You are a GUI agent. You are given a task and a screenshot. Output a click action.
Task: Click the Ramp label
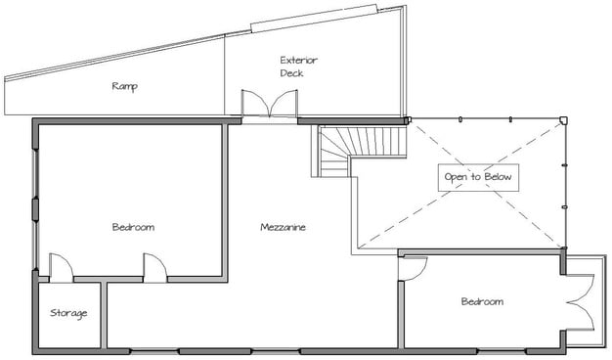pyautogui.click(x=125, y=86)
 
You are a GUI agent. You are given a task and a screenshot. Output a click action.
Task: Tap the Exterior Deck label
pyautogui.click(x=298, y=67)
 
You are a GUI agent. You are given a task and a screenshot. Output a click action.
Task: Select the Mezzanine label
pyautogui.click(x=283, y=227)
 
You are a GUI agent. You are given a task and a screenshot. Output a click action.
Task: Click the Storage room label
pyautogui.click(x=68, y=314)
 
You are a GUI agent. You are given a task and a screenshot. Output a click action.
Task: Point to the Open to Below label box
pyautogui.click(x=478, y=178)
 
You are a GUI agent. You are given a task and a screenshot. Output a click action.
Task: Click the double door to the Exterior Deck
pyautogui.click(x=269, y=103)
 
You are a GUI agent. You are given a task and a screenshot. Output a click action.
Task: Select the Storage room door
pyautogui.click(x=61, y=268)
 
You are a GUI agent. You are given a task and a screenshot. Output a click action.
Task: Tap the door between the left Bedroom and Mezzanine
pyautogui.click(x=154, y=268)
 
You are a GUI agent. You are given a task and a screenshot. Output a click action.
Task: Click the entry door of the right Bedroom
pyautogui.click(x=413, y=268)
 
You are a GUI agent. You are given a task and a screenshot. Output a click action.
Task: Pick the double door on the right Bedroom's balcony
pyautogui.click(x=581, y=302)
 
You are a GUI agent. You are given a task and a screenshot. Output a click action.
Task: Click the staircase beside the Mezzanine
pyautogui.click(x=359, y=151)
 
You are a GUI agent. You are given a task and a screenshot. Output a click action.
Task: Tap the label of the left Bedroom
pyautogui.click(x=133, y=227)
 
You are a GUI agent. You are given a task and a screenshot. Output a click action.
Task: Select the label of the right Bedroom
pyautogui.click(x=482, y=301)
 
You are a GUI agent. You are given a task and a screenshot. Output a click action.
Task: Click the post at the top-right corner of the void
pyautogui.click(x=563, y=120)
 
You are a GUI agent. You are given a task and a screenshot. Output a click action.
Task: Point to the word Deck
pyautogui.click(x=291, y=73)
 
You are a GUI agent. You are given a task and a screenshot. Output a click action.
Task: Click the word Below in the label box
pyautogui.click(x=498, y=177)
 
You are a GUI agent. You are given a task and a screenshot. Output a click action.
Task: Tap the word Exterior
pyautogui.click(x=298, y=60)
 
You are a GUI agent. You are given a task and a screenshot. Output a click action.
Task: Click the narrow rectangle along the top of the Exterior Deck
pyautogui.click(x=314, y=19)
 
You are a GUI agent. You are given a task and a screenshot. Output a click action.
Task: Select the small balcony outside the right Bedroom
pyautogui.click(x=585, y=301)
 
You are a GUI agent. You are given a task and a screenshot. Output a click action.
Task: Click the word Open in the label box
pyautogui.click(x=457, y=178)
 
